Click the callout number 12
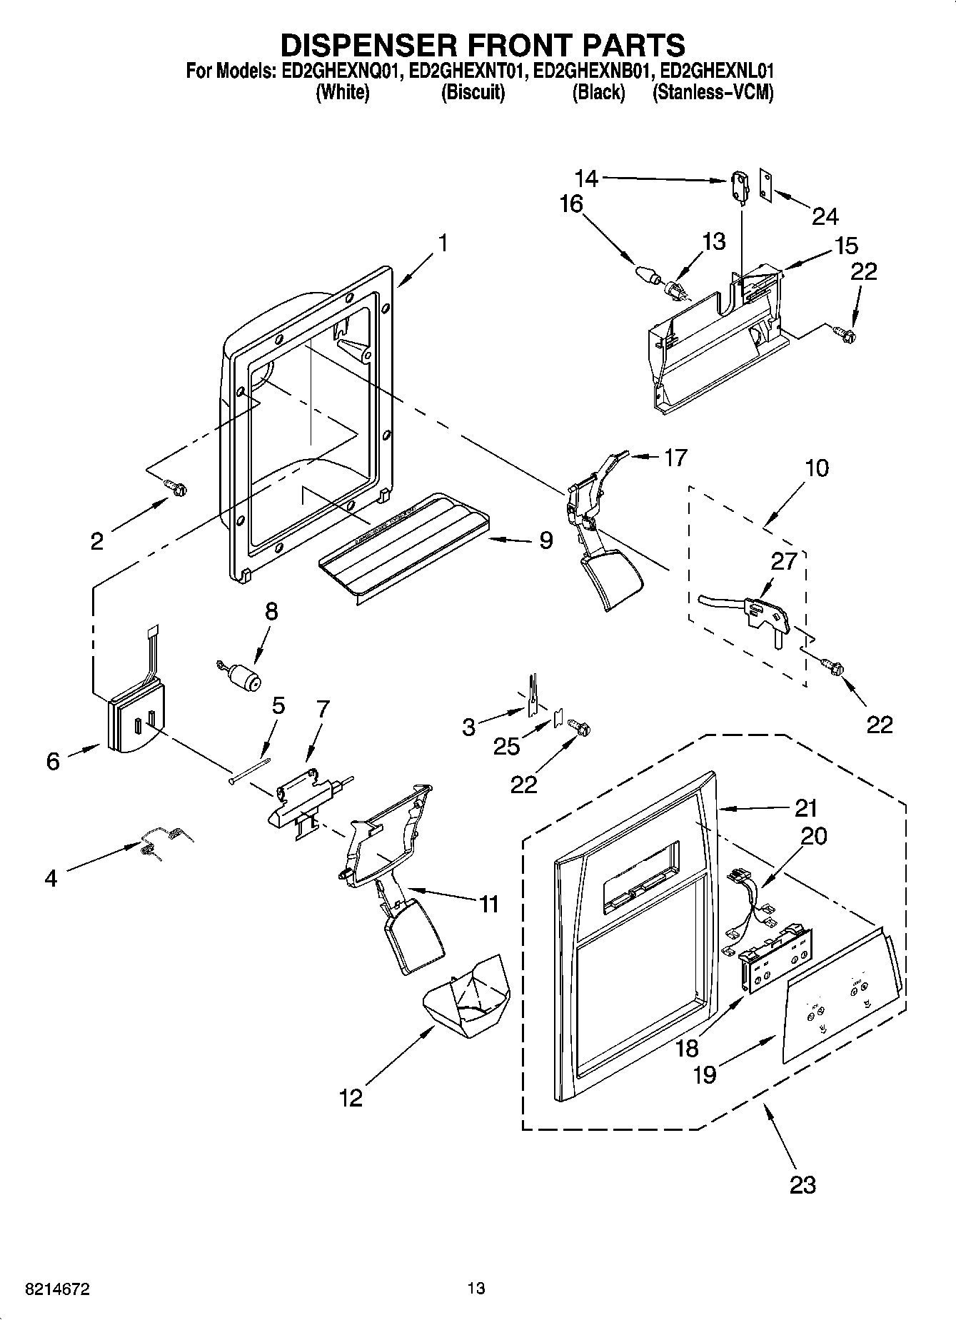[351, 1097]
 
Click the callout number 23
[802, 1185]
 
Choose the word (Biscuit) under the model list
[473, 93]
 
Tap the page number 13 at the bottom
[476, 1289]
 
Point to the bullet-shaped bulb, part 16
[645, 274]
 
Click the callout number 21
[805, 809]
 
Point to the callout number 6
[54, 761]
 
